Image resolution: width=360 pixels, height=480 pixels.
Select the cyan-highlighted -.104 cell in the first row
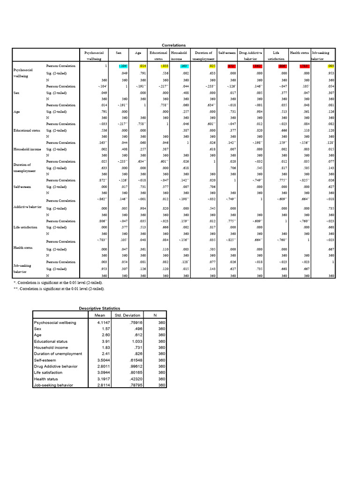point(123,66)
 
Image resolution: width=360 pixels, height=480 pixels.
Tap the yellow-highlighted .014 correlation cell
point(143,66)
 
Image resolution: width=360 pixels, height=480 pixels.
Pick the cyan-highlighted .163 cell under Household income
point(183,66)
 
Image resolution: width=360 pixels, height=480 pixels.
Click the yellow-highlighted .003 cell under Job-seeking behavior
point(330,66)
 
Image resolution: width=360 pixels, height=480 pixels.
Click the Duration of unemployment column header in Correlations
point(203,56)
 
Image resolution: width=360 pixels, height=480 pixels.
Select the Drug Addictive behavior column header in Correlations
point(251,56)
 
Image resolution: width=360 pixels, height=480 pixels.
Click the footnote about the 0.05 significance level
point(59,283)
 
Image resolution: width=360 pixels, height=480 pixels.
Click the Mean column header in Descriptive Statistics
point(99,315)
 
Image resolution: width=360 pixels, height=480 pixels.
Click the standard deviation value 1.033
point(136,342)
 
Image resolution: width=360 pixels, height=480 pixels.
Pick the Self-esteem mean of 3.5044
point(102,360)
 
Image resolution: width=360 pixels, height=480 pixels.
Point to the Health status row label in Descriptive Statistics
point(46,379)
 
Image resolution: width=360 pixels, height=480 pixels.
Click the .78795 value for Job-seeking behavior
point(134,385)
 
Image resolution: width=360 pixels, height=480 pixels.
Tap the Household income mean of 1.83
point(105,348)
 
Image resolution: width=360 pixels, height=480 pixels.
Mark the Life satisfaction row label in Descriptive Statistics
point(48,373)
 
